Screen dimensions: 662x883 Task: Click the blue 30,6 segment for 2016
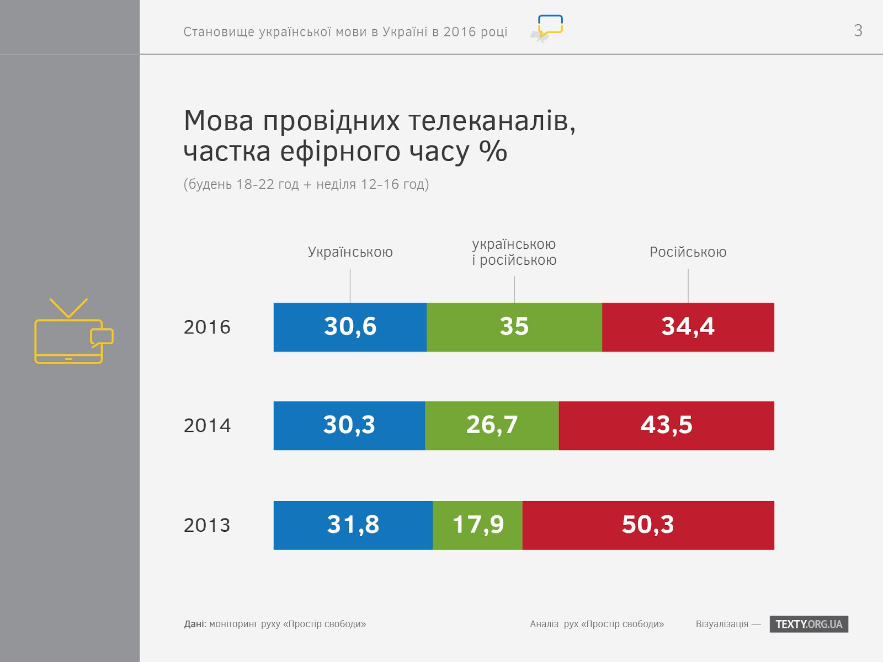pyautogui.click(x=350, y=327)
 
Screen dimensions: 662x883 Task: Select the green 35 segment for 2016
pyautogui.click(x=514, y=327)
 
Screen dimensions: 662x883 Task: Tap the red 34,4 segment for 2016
pyautogui.click(x=688, y=327)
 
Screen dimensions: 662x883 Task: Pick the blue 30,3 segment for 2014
pyautogui.click(x=349, y=425)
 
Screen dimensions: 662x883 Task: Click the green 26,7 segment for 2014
pyautogui.click(x=492, y=425)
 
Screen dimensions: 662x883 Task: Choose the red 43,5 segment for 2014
pyautogui.click(x=666, y=425)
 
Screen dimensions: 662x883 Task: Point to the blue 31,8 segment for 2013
pyautogui.click(x=353, y=525)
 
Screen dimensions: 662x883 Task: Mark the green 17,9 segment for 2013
pyautogui.click(x=477, y=525)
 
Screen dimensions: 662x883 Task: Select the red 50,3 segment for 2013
pyautogui.click(x=648, y=525)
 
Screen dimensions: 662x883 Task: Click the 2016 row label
pyautogui.click(x=207, y=327)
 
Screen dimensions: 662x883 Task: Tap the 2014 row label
pyautogui.click(x=207, y=425)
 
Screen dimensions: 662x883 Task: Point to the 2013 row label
pyautogui.click(x=207, y=525)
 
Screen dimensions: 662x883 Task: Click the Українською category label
pyautogui.click(x=350, y=252)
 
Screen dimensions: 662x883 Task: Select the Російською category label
pyautogui.click(x=688, y=252)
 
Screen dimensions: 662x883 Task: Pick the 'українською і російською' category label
pyautogui.click(x=514, y=252)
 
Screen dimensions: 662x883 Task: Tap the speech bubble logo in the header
pyautogui.click(x=549, y=26)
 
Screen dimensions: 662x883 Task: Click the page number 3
pyautogui.click(x=858, y=30)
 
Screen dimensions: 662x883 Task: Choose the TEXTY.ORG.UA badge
pyautogui.click(x=808, y=624)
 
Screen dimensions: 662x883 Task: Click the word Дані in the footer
pyautogui.click(x=195, y=624)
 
